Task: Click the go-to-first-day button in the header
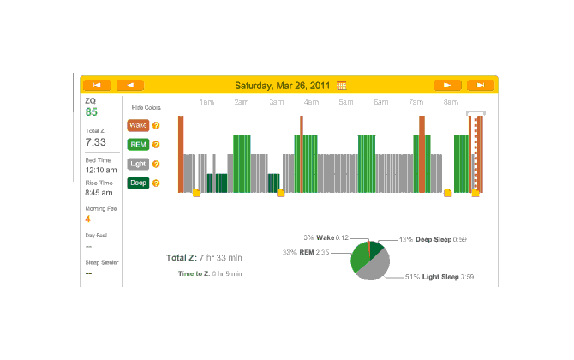tap(97, 85)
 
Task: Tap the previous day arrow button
tap(129, 85)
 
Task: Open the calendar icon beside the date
tap(342, 86)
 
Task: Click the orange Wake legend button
tap(138, 125)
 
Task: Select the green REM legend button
tap(138, 144)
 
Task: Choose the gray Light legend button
tap(138, 163)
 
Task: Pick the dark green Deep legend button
tap(138, 182)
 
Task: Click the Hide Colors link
tap(146, 108)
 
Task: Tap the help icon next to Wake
tap(156, 125)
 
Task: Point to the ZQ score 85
tap(91, 112)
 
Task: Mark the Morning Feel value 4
tap(87, 219)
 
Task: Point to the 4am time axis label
tap(311, 102)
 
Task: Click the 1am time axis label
tap(206, 102)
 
